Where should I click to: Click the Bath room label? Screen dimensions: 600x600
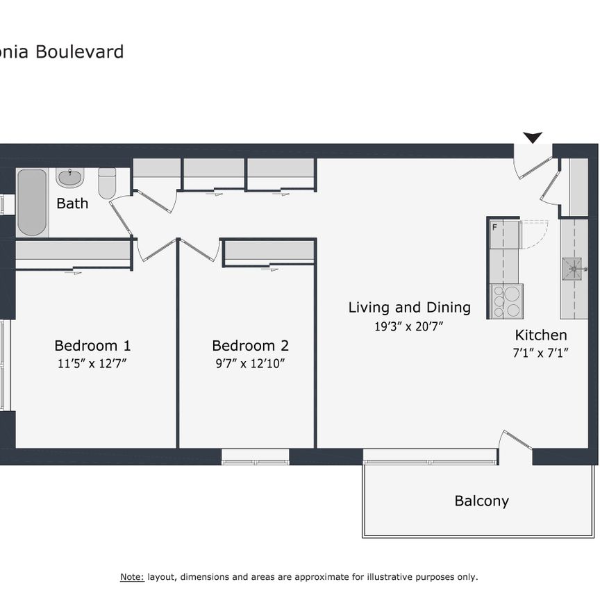pyautogui.click(x=72, y=203)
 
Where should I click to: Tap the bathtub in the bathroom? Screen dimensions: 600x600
pyautogui.click(x=32, y=201)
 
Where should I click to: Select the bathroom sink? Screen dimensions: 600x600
pyautogui.click(x=69, y=178)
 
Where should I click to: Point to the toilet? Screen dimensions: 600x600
pyautogui.click(x=107, y=183)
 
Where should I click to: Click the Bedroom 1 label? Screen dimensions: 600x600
pyautogui.click(x=92, y=345)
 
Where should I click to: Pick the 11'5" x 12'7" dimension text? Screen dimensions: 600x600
pyautogui.click(x=92, y=362)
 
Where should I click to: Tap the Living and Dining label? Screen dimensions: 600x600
pyautogui.click(x=409, y=307)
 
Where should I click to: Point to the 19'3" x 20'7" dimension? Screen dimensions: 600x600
pyautogui.click(x=409, y=324)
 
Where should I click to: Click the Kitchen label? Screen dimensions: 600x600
pyautogui.click(x=540, y=335)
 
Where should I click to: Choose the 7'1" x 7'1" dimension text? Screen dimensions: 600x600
pyautogui.click(x=540, y=352)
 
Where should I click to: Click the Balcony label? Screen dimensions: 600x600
pyautogui.click(x=481, y=501)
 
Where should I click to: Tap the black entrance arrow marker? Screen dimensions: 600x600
pyautogui.click(x=533, y=137)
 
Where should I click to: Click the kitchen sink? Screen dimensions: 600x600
pyautogui.click(x=574, y=266)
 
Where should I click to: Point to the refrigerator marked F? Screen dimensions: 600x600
pyautogui.click(x=504, y=235)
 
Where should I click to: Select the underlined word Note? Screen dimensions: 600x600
pyautogui.click(x=132, y=577)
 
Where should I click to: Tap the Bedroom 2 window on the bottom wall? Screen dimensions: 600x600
pyautogui.click(x=255, y=457)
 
